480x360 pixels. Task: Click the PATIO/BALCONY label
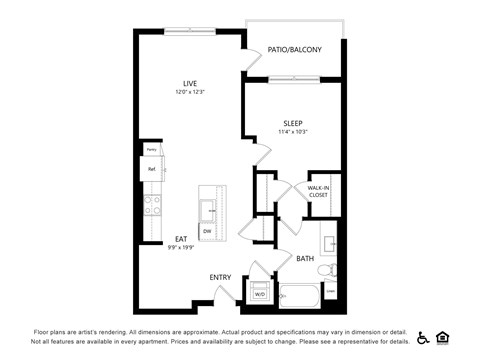point(294,48)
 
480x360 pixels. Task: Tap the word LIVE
point(190,82)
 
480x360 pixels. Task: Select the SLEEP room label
point(292,123)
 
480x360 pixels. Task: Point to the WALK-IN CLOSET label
point(318,190)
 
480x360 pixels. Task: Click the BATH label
point(305,259)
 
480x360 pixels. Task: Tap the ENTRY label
point(221,277)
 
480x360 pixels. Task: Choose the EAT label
point(181,238)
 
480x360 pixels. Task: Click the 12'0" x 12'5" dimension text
point(189,92)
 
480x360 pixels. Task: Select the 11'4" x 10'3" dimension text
point(292,132)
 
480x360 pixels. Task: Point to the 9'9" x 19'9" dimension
point(181,247)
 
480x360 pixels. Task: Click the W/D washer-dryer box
point(259,294)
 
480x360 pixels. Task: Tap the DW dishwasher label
point(207,231)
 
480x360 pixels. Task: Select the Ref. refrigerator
point(152,169)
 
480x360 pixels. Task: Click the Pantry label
point(151,149)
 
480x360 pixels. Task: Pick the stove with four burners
point(154,205)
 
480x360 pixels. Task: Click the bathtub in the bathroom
point(299,296)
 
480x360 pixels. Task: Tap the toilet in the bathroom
point(324,269)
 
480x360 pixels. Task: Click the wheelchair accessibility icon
point(423,337)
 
